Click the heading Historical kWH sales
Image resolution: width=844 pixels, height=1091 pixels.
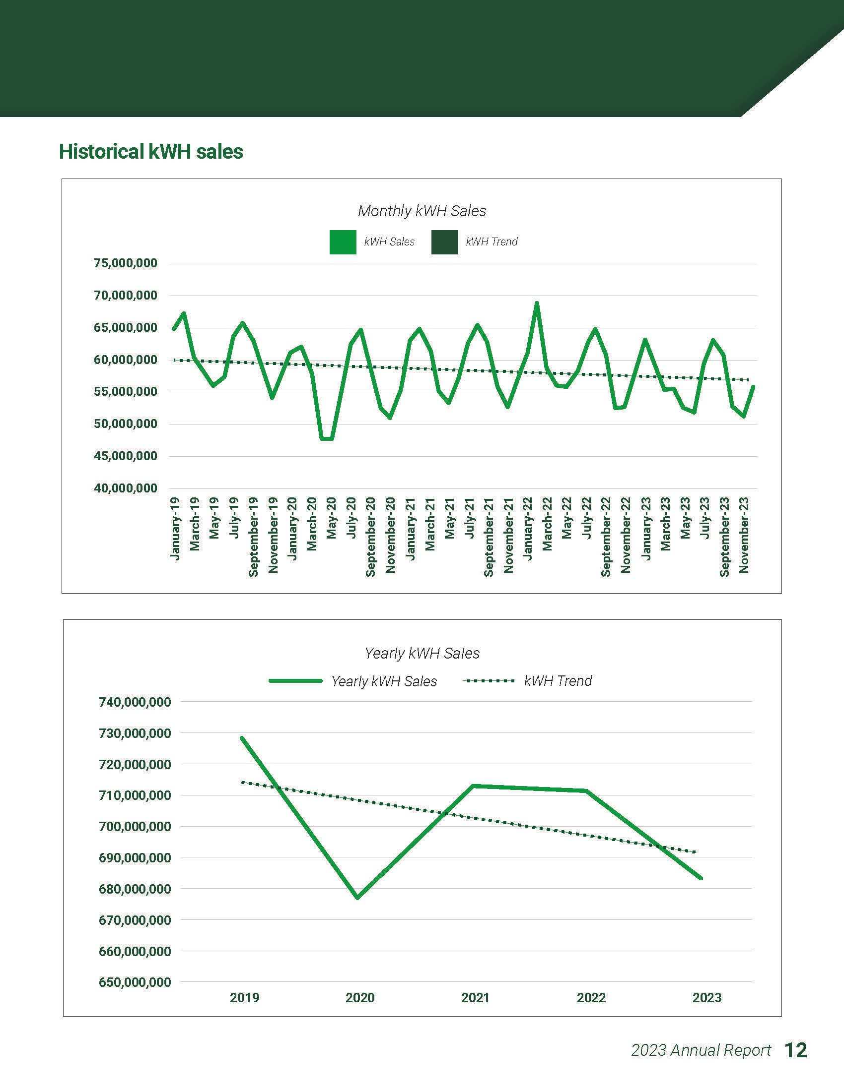[x=151, y=152]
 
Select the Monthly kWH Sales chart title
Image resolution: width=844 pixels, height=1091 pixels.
[x=422, y=211]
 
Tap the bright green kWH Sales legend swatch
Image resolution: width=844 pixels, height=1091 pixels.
[x=343, y=242]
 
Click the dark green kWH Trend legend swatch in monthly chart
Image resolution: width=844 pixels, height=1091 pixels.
[x=444, y=242]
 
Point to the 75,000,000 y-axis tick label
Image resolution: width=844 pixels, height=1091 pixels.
[x=126, y=263]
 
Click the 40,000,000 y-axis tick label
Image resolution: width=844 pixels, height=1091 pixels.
[x=126, y=488]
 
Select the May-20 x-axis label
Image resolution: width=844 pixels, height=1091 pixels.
[x=332, y=525]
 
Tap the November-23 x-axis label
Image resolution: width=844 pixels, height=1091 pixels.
[x=744, y=535]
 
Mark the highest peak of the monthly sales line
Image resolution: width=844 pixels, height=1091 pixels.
[x=537, y=303]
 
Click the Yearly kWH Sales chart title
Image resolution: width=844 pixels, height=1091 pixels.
[x=422, y=654]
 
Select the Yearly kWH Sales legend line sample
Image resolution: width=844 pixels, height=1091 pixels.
[x=295, y=681]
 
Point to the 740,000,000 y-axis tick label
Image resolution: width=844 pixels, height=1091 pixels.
[x=135, y=702]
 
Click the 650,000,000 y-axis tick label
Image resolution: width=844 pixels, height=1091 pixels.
[x=135, y=982]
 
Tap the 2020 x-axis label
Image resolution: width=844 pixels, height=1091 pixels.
[x=360, y=998]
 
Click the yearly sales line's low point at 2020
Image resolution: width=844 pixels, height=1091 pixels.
[x=358, y=898]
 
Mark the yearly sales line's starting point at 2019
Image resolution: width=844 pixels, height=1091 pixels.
[x=242, y=738]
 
